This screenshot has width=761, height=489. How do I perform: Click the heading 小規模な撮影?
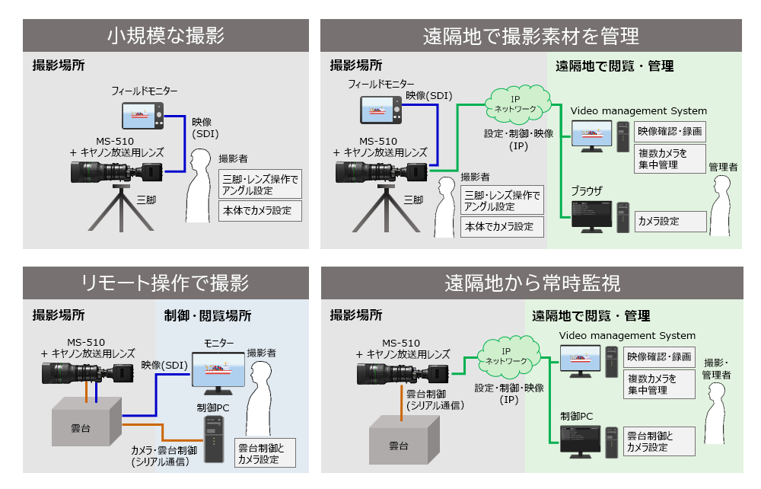(165, 36)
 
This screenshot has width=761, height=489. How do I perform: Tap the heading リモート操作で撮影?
(165, 283)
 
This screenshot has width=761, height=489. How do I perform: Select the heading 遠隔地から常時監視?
(532, 283)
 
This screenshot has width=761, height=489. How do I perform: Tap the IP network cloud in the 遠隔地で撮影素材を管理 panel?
(514, 104)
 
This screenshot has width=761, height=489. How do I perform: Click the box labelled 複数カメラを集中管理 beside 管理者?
(670, 159)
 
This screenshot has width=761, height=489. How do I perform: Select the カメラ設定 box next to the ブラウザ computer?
(670, 222)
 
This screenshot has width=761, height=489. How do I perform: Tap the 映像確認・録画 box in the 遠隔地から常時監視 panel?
(659, 356)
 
